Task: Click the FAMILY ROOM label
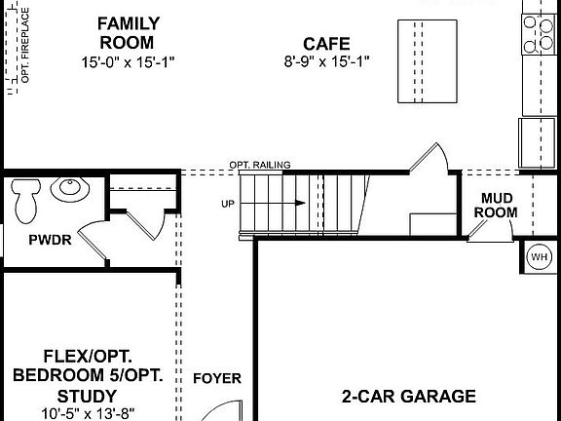[x=127, y=32]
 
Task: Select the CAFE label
[x=326, y=43]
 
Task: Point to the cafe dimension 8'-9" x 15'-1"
[x=326, y=62]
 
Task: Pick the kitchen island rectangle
[x=426, y=60]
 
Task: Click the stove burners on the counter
[x=538, y=34]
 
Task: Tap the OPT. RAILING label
[x=260, y=166]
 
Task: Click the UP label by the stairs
[x=228, y=204]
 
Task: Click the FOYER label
[x=217, y=378]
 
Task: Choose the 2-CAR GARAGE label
[x=409, y=396]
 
